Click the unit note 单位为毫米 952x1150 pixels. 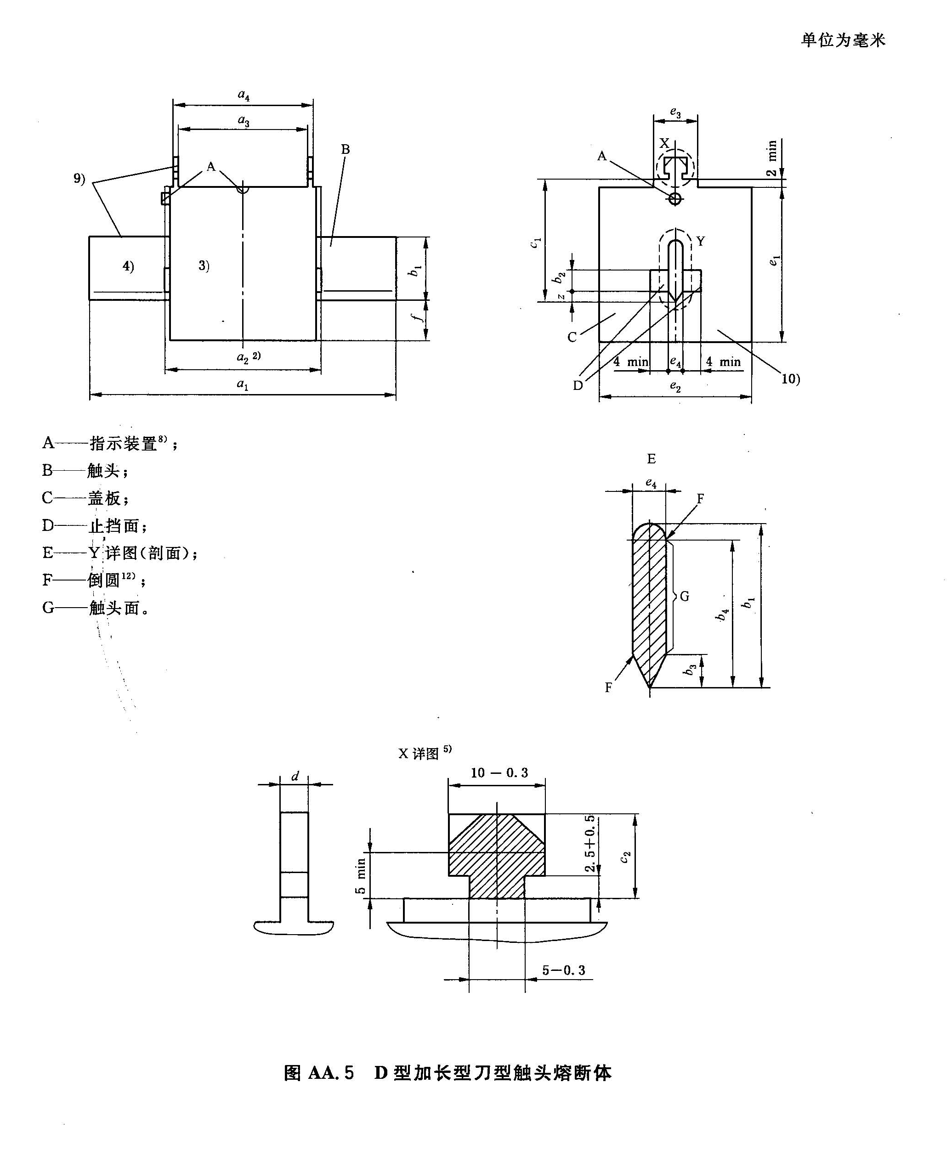tap(843, 40)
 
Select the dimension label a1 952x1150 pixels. tap(242, 385)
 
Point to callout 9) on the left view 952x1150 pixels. tap(80, 179)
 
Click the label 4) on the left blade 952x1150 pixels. tap(128, 266)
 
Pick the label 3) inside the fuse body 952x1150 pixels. tap(204, 265)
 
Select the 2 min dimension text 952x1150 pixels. tap(771, 158)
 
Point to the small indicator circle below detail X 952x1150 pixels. tap(675, 198)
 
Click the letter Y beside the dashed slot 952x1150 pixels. tap(701, 241)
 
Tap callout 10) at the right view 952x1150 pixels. tap(790, 378)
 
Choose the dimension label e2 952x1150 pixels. tap(675, 387)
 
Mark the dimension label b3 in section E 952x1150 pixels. tap(692, 669)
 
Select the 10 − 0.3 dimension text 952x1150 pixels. tap(499, 772)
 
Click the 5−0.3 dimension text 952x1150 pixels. tap(564, 970)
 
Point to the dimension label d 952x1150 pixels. tap(295, 776)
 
